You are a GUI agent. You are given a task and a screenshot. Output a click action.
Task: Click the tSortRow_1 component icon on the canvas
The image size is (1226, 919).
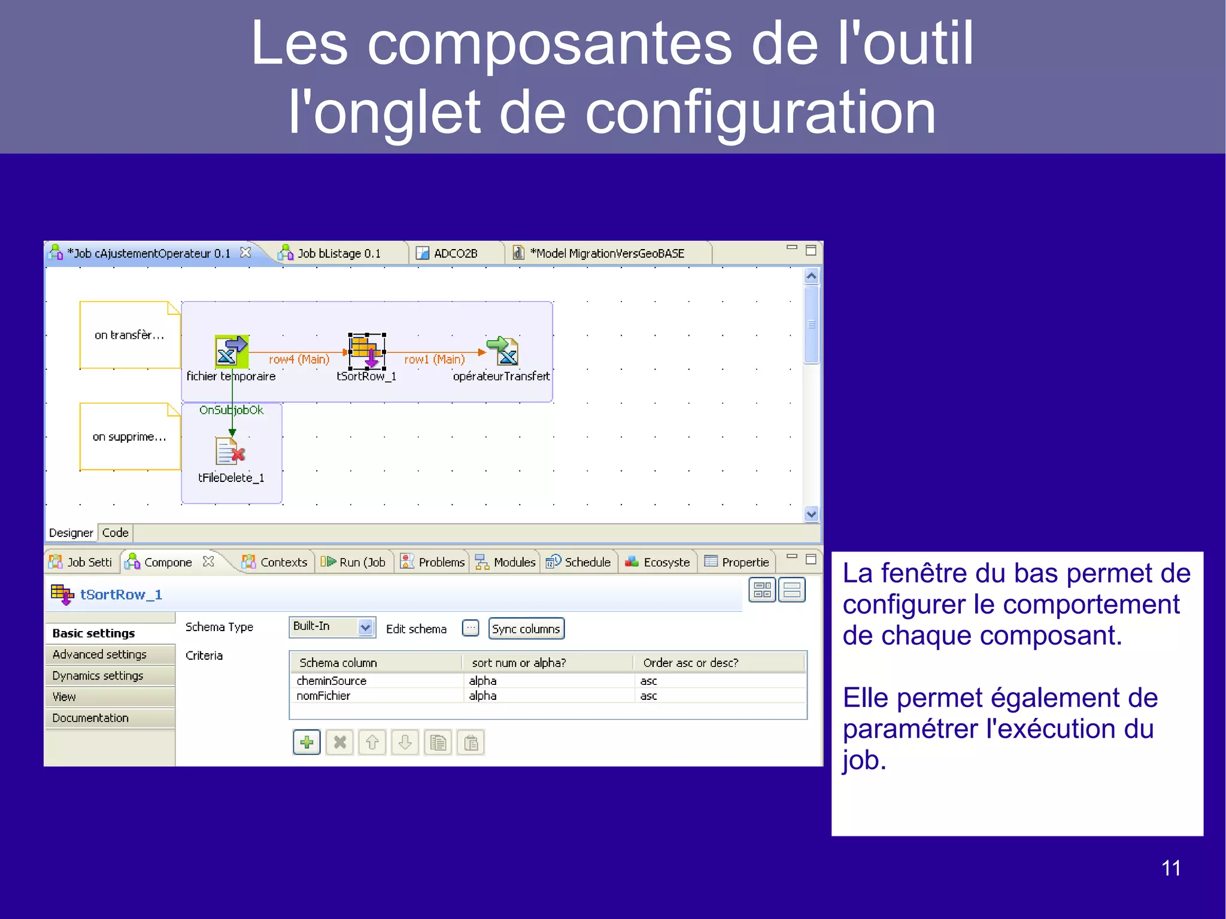click(x=366, y=351)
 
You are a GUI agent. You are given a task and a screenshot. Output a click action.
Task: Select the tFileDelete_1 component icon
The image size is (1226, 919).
click(x=230, y=451)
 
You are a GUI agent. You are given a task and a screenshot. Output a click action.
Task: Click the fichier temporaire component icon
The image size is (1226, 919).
click(x=231, y=351)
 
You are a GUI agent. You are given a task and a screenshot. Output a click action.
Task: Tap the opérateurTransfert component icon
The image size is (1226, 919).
click(x=503, y=351)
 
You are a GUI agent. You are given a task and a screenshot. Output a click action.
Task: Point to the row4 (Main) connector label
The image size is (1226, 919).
click(x=299, y=359)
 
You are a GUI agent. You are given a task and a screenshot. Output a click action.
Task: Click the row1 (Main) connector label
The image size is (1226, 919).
click(x=434, y=359)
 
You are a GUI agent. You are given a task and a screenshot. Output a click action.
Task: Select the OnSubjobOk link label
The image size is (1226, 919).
click(x=231, y=410)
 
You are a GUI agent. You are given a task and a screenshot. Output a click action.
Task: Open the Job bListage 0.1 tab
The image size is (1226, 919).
click(x=338, y=253)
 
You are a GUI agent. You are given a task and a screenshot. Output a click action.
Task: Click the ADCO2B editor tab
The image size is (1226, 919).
click(x=455, y=253)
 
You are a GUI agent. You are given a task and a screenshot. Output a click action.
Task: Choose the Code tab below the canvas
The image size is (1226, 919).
click(x=115, y=533)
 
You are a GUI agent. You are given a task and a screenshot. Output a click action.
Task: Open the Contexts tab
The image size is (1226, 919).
click(x=283, y=562)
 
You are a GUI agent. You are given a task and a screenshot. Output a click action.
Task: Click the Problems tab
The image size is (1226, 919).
click(x=441, y=562)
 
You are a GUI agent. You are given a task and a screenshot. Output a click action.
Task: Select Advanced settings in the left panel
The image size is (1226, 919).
click(x=99, y=654)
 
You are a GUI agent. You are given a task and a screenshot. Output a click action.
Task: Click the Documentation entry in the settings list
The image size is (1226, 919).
click(x=90, y=718)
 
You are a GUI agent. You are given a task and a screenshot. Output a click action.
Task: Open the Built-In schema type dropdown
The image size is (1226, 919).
click(x=365, y=627)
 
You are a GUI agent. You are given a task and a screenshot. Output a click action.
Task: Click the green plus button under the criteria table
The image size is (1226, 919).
click(x=306, y=743)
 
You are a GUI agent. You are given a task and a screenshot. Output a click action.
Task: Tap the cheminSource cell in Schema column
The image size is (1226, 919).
click(x=332, y=681)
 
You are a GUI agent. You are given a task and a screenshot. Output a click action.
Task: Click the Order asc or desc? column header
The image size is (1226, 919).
click(x=691, y=663)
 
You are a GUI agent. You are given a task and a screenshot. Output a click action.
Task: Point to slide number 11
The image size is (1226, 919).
click(x=1170, y=868)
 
